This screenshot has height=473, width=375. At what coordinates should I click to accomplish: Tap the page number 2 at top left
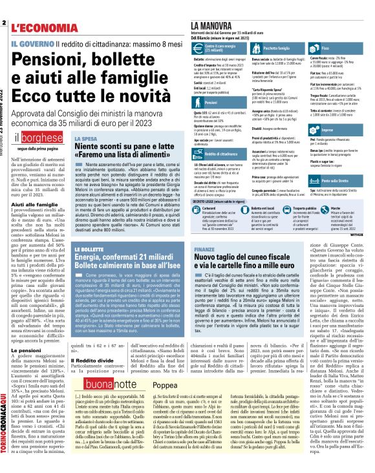pyautogui.click(x=4, y=23)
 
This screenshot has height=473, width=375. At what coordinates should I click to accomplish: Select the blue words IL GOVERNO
pyautogui.click(x=32, y=43)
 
